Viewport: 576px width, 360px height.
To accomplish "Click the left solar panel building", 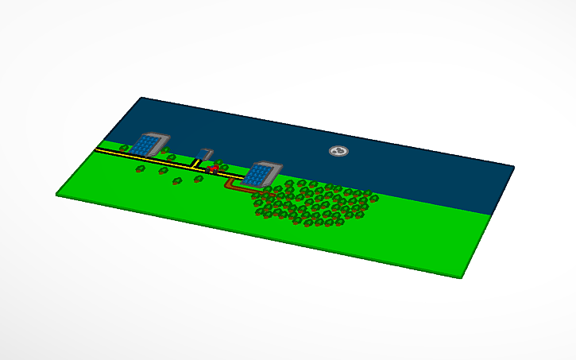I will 146,144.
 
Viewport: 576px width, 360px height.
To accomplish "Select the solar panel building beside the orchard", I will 260,174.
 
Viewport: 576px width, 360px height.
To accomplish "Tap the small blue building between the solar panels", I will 206,156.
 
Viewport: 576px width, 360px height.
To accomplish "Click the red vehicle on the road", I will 213,168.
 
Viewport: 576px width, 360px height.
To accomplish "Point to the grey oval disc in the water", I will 338,150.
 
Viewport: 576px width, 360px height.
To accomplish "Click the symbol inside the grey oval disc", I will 338,150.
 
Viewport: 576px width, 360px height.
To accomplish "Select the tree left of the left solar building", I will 125,148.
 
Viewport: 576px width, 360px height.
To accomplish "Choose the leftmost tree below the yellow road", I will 141,168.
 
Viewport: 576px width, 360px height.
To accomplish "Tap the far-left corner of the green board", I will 57,193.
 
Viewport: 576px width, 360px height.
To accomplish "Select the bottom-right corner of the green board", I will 462,277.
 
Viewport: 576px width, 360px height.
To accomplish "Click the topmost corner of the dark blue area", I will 142,98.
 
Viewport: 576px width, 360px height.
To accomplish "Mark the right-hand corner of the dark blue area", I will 512,167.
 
